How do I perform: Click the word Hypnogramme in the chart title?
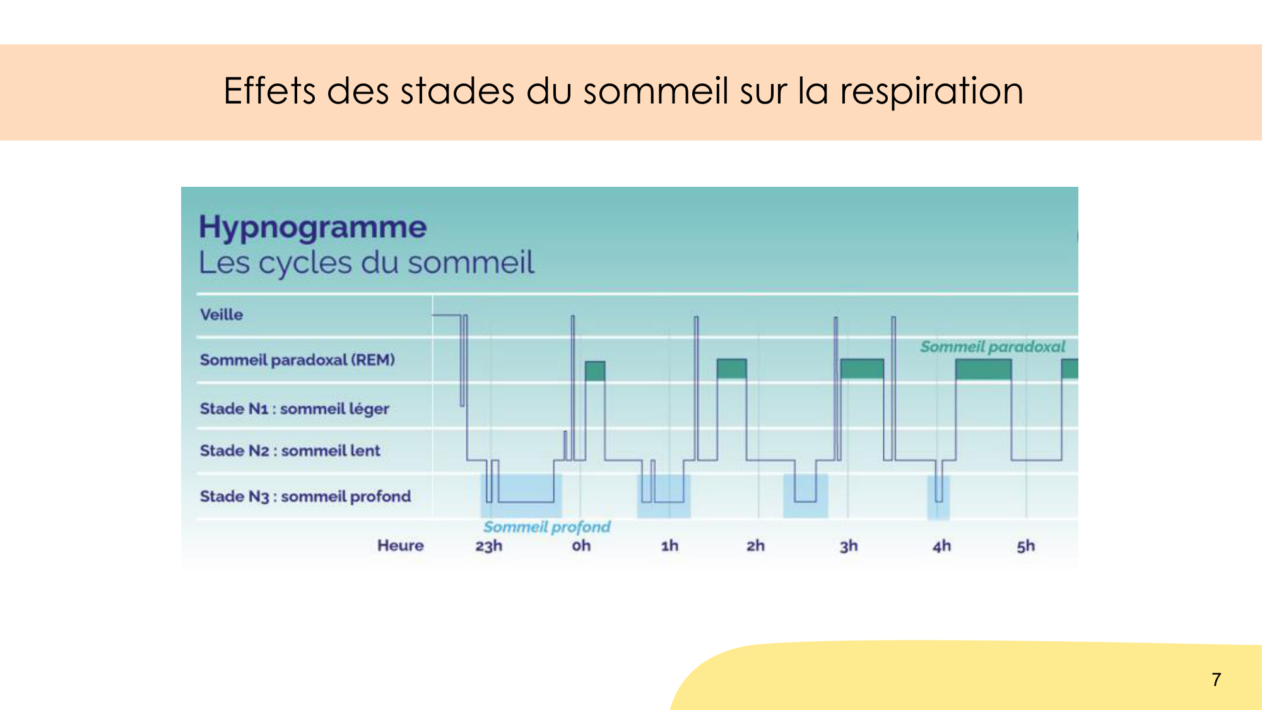point(312,227)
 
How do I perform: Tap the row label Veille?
point(221,314)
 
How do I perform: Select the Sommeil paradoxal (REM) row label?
point(297,360)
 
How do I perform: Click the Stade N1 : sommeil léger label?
point(294,408)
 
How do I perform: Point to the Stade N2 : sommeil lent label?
point(290,451)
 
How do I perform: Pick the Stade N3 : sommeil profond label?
point(305,496)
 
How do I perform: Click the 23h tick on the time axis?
point(488,545)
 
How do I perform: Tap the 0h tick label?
point(581,545)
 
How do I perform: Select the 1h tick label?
point(669,545)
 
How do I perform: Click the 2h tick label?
point(755,545)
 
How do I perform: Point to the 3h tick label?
point(849,545)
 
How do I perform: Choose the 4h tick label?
point(941,545)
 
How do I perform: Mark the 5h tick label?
point(1025,545)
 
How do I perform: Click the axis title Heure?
point(400,545)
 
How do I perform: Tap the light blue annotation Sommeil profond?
point(546,526)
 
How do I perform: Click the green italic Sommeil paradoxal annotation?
point(992,346)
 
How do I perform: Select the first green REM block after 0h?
point(594,370)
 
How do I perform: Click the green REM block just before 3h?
point(861,369)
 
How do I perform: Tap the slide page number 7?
point(1216,679)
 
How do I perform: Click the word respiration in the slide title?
point(931,91)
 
